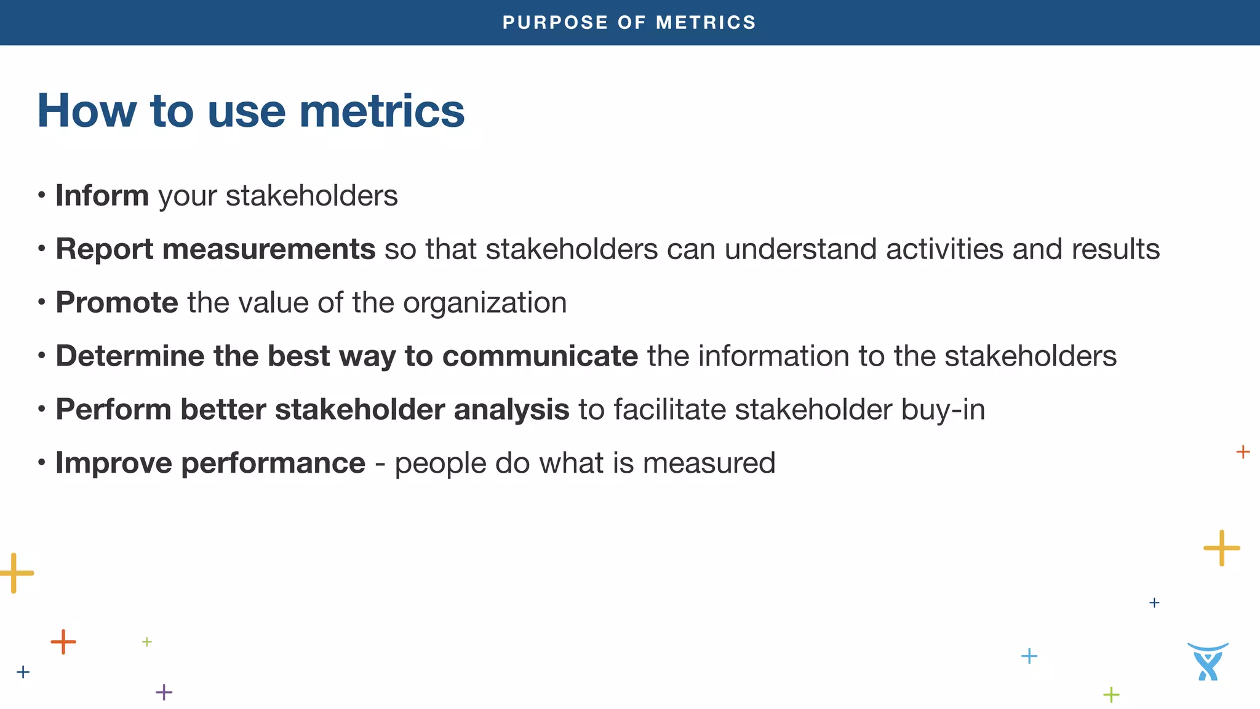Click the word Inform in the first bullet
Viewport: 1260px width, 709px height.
coord(102,196)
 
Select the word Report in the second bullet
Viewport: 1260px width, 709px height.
coord(104,249)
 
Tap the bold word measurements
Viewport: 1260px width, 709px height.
coord(269,249)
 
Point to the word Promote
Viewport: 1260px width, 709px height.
coord(117,303)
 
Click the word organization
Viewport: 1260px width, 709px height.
coord(485,303)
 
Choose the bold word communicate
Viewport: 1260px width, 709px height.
coord(540,356)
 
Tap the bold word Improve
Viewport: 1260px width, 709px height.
coord(114,463)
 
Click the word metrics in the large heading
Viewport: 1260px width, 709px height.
coord(381,111)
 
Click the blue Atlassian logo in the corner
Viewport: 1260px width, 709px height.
coord(1208,662)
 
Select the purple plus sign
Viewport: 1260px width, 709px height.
coord(164,692)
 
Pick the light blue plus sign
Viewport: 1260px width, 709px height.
coord(1029,656)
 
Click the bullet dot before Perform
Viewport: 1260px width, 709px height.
coord(41,409)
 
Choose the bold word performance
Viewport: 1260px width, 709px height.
coord(273,463)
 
